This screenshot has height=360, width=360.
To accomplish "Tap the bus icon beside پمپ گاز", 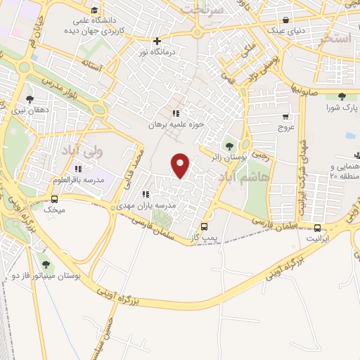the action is [x=205, y=227].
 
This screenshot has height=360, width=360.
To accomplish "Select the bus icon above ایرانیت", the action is [x=318, y=228].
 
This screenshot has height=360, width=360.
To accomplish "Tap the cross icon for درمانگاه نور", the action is [x=157, y=41].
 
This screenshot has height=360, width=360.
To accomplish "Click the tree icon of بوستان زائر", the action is [x=230, y=146].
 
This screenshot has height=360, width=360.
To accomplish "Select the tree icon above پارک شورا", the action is [x=342, y=97].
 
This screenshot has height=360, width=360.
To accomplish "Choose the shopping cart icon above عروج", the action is [x=285, y=117].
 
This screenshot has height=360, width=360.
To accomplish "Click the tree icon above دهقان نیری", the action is [x=29, y=99].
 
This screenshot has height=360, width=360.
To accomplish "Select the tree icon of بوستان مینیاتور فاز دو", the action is [x=46, y=264].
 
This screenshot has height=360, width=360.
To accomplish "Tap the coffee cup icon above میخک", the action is [x=54, y=198].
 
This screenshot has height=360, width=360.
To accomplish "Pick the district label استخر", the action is [x=334, y=39].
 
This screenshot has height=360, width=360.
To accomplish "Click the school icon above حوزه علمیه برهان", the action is [x=176, y=112].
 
